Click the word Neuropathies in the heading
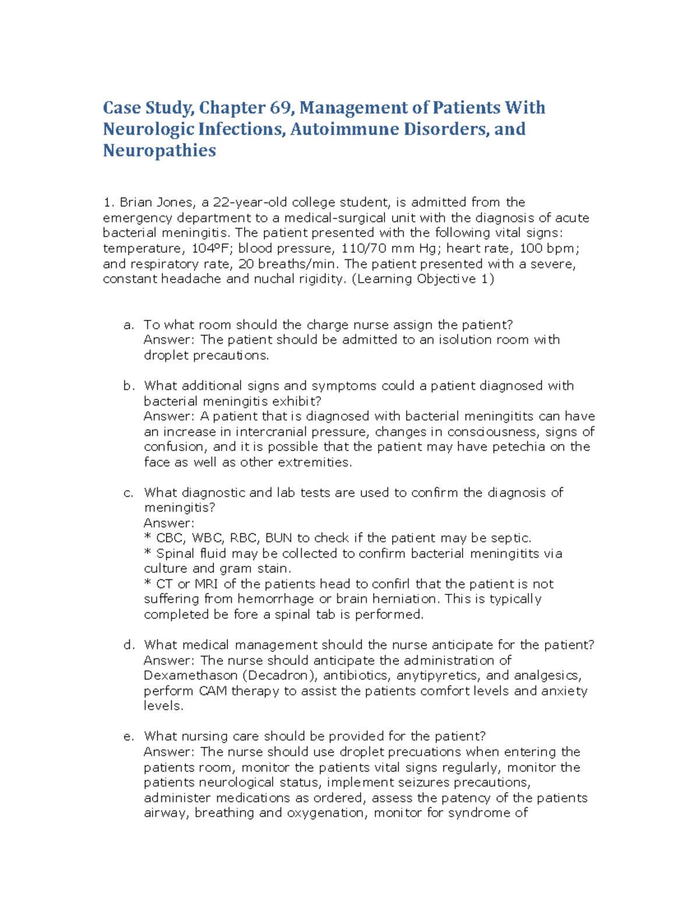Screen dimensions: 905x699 [159, 150]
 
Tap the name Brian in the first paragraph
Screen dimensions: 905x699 [135, 202]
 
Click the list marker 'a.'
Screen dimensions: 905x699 [129, 325]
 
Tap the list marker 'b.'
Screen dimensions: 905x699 [129, 386]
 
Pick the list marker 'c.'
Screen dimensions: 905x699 [129, 492]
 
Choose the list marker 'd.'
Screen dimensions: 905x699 [129, 645]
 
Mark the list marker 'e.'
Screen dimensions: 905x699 [129, 736]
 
